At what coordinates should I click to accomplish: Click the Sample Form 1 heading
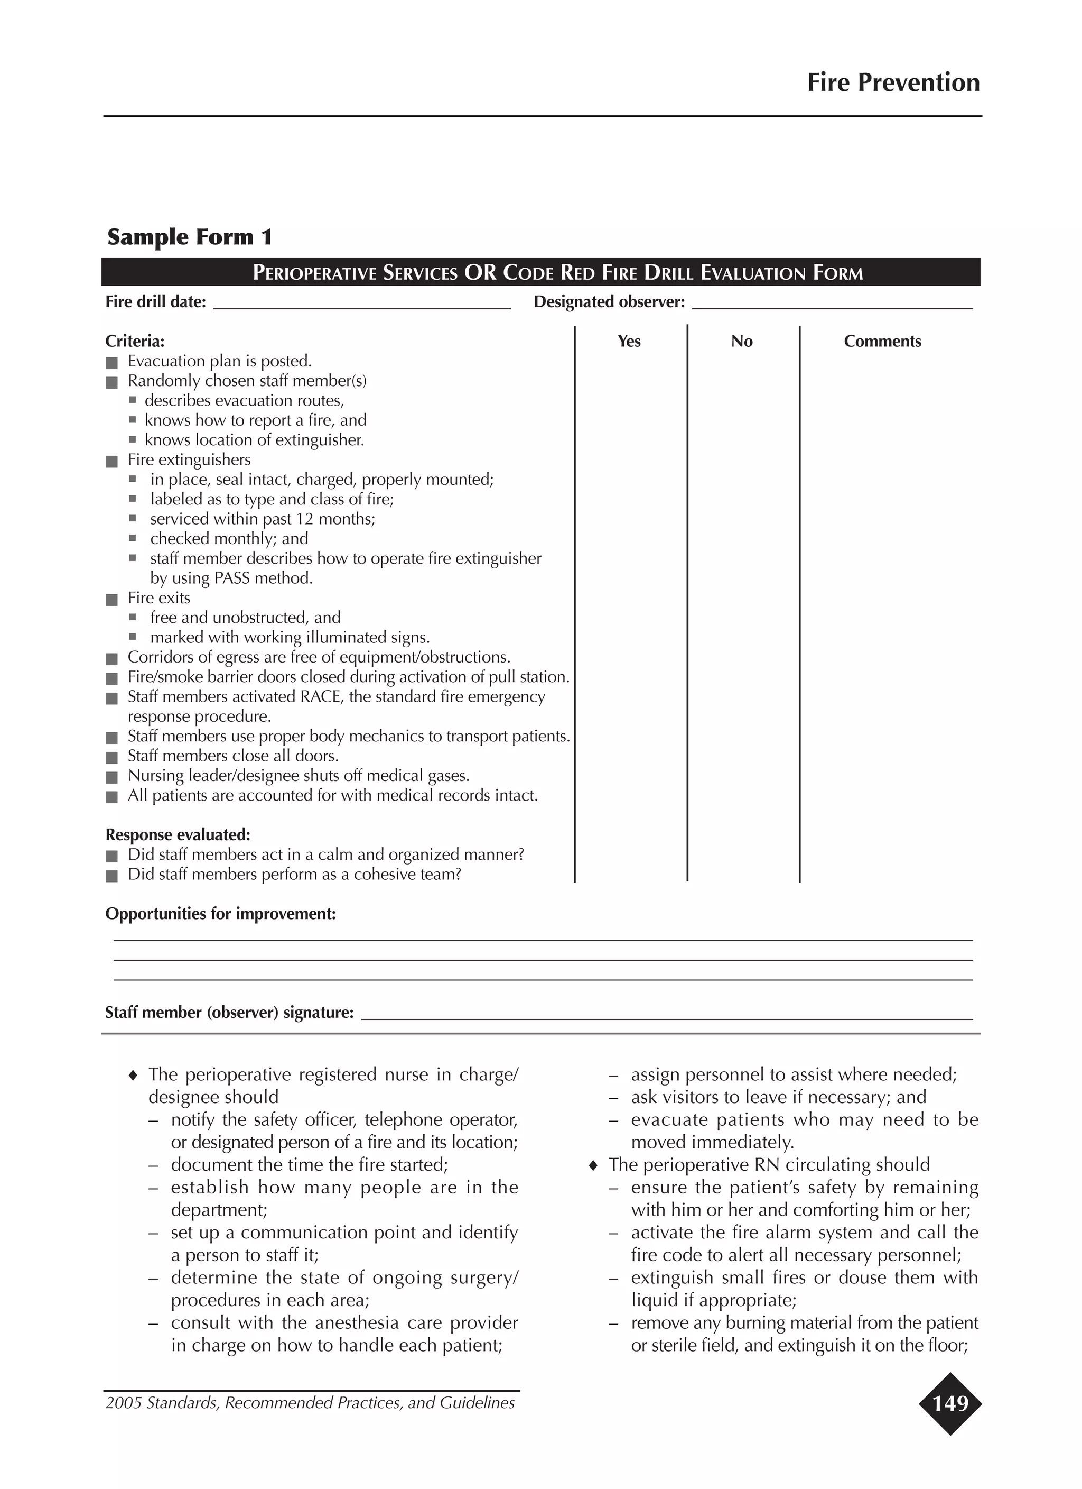pos(190,237)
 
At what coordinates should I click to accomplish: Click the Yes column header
pos(629,342)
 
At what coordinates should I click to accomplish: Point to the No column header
pos(741,342)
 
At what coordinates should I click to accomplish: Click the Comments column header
pos(882,342)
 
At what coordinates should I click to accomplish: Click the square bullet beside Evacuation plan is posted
pos(111,362)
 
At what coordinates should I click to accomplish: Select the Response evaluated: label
pos(178,835)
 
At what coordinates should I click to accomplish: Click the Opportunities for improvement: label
pos(220,914)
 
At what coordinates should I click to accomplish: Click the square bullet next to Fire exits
pos(111,600)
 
